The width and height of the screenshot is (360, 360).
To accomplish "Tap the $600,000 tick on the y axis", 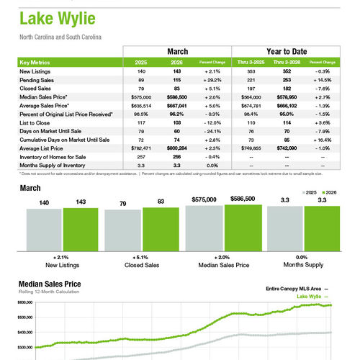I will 24,303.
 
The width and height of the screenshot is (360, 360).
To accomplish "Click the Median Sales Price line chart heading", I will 50,284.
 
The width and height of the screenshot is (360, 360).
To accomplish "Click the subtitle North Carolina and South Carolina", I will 61,35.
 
